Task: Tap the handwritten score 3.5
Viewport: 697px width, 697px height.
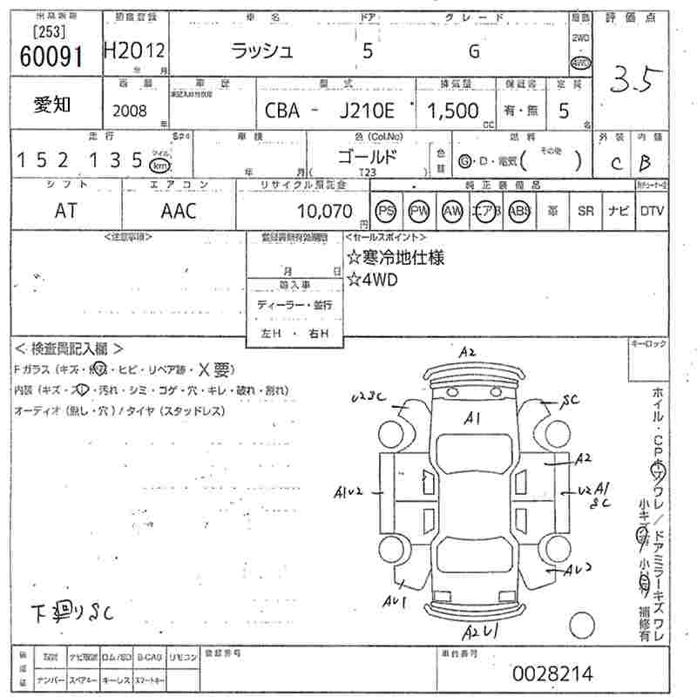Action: [637, 81]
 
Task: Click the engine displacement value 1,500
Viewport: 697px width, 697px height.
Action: [452, 111]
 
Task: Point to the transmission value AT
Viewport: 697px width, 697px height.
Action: [65, 211]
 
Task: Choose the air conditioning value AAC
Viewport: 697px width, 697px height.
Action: [179, 211]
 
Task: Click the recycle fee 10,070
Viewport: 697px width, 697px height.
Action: [324, 211]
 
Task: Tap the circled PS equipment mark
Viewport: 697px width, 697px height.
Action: [385, 211]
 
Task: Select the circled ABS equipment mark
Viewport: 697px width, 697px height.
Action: [518, 211]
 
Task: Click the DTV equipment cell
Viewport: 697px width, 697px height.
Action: [651, 211]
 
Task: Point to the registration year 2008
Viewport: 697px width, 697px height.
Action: [130, 111]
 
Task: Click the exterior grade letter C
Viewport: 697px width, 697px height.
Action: [617, 163]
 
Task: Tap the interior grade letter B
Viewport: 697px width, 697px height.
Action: [646, 162]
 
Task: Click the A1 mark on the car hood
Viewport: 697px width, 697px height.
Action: [473, 419]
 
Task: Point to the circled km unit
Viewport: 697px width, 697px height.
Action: [159, 165]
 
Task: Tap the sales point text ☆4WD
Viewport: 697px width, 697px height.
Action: [372, 280]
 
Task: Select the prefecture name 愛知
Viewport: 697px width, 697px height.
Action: [52, 105]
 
